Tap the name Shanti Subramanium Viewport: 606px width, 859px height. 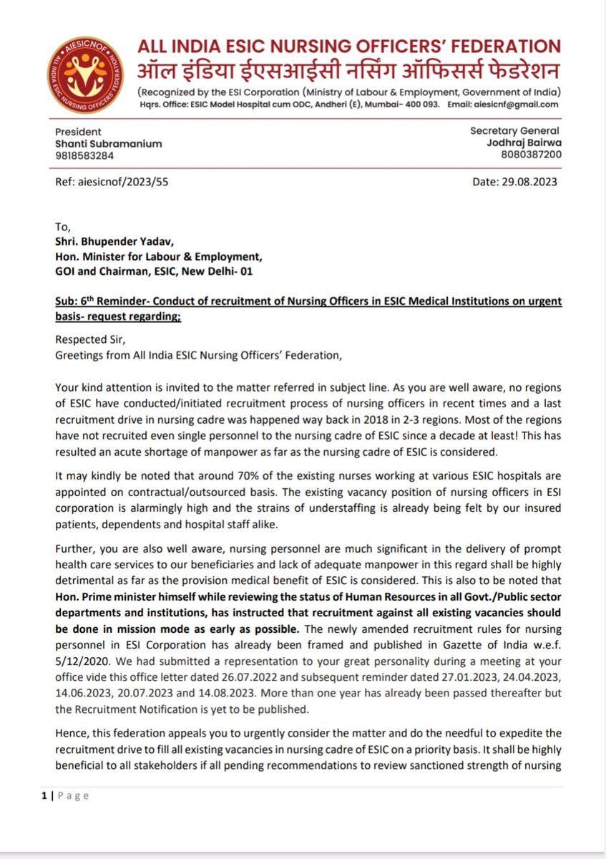[x=108, y=143]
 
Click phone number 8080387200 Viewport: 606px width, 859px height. [x=532, y=154]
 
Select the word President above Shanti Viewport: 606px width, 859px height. [x=79, y=132]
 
